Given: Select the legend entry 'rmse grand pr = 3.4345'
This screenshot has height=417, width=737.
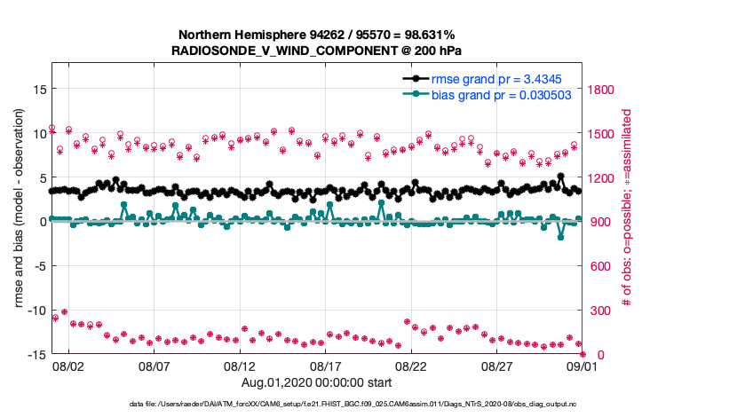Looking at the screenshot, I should point(502,79).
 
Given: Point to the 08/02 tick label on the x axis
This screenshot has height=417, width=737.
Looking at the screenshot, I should point(68,366).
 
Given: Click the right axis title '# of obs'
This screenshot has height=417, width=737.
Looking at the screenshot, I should point(627,208).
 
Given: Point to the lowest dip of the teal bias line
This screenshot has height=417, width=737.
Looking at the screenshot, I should point(561,237).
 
